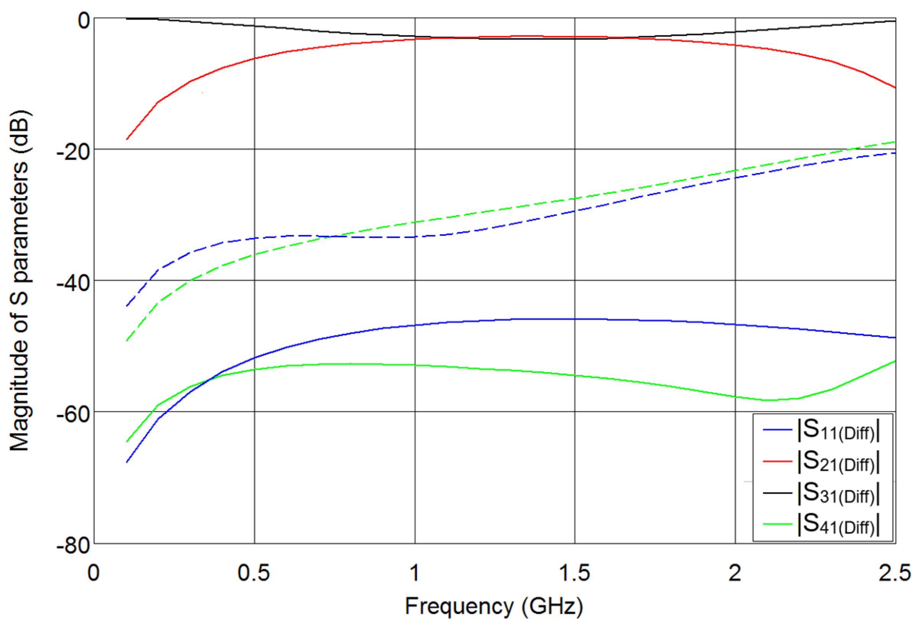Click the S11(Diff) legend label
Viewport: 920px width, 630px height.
(838, 430)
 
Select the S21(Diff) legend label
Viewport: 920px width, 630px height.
(838, 462)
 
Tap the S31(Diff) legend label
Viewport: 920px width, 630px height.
(838, 493)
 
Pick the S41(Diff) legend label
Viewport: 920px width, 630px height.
(838, 524)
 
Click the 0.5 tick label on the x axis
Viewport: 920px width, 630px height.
(253, 573)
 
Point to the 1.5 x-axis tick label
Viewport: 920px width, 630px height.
(575, 573)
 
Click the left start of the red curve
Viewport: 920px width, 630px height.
(127, 139)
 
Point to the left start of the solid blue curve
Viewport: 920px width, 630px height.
(127, 462)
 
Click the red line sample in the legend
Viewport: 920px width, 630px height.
(777, 462)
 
